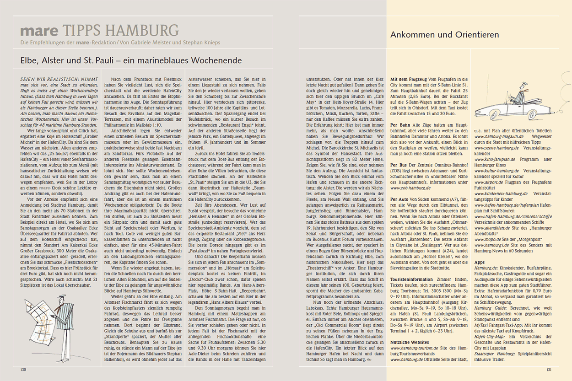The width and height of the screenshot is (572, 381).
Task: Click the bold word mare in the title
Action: click(39, 31)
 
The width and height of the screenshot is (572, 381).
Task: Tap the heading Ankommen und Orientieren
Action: click(444, 35)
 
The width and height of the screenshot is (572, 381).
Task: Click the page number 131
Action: click(549, 369)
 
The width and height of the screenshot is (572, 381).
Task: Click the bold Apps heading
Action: click(480, 263)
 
